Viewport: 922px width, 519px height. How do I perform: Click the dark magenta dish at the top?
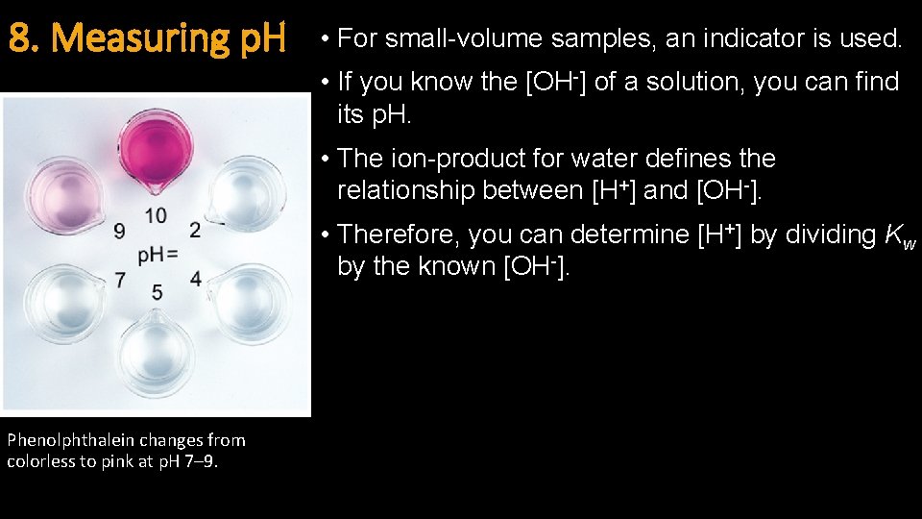[156, 149]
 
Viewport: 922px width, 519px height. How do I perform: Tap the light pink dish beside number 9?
[63, 195]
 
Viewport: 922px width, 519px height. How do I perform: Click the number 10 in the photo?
[156, 215]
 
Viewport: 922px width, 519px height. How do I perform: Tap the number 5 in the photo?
[157, 292]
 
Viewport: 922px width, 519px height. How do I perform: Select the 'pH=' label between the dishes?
[158, 255]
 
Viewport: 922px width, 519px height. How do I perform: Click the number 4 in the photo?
[195, 280]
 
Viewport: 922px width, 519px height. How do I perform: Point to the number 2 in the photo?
[195, 230]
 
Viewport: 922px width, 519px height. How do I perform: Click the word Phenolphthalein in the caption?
[72, 440]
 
